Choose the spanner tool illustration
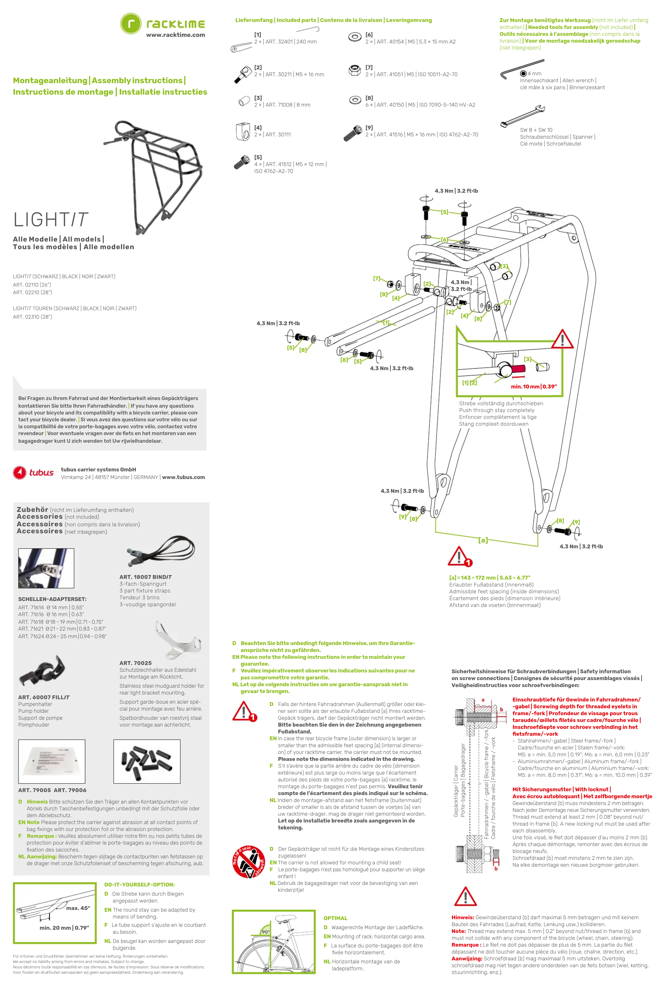[x=522, y=116]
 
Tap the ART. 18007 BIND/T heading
[x=146, y=577]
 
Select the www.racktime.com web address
[x=175, y=35]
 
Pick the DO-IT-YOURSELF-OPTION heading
[x=139, y=885]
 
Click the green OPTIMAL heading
[x=335, y=918]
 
